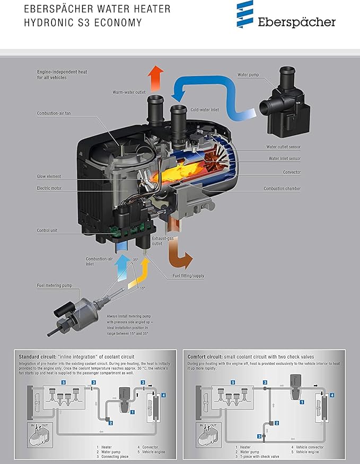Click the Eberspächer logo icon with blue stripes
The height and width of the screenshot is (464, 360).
245,14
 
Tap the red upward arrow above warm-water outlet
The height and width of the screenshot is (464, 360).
155,78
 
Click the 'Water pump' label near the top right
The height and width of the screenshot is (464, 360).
248,75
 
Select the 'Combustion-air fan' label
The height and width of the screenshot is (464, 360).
54,113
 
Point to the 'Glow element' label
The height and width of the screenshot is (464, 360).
49,176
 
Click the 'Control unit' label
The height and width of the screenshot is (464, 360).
47,230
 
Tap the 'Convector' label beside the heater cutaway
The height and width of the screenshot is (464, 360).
292,172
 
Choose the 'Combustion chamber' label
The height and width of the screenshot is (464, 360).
282,189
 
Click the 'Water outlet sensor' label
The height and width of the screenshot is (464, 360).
283,147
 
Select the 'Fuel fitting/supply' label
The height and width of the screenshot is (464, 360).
188,276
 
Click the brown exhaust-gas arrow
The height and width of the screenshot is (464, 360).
179,254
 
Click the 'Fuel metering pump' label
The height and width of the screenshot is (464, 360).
55,285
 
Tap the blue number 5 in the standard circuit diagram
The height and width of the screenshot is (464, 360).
64,382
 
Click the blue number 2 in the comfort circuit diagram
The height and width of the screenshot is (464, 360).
277,423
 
